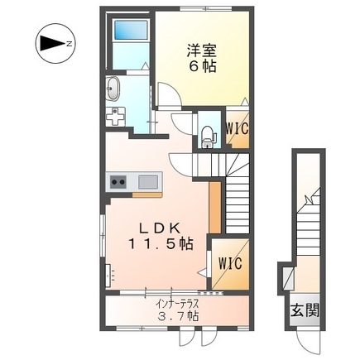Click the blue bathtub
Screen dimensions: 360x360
(x=131, y=30)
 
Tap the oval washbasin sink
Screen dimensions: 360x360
(x=113, y=88)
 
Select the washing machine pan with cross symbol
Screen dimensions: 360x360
(x=115, y=117)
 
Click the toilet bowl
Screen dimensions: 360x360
(x=208, y=137)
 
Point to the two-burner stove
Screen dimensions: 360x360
(x=118, y=182)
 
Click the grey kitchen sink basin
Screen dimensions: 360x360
(x=148, y=182)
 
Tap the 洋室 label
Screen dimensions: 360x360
(x=202, y=50)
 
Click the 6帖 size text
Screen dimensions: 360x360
(x=202, y=66)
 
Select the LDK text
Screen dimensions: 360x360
(x=160, y=228)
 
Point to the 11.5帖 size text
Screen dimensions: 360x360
(x=160, y=243)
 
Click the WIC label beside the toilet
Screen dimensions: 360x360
(x=237, y=128)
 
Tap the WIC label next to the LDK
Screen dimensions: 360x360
(x=231, y=263)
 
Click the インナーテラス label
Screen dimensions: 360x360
(x=177, y=305)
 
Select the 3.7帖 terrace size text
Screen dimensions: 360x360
(x=178, y=315)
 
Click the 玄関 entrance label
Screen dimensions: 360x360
(x=305, y=310)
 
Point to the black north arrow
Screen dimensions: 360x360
(x=52, y=43)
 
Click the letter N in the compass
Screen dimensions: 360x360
(x=69, y=43)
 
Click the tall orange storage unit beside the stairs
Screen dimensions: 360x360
(x=215, y=207)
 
